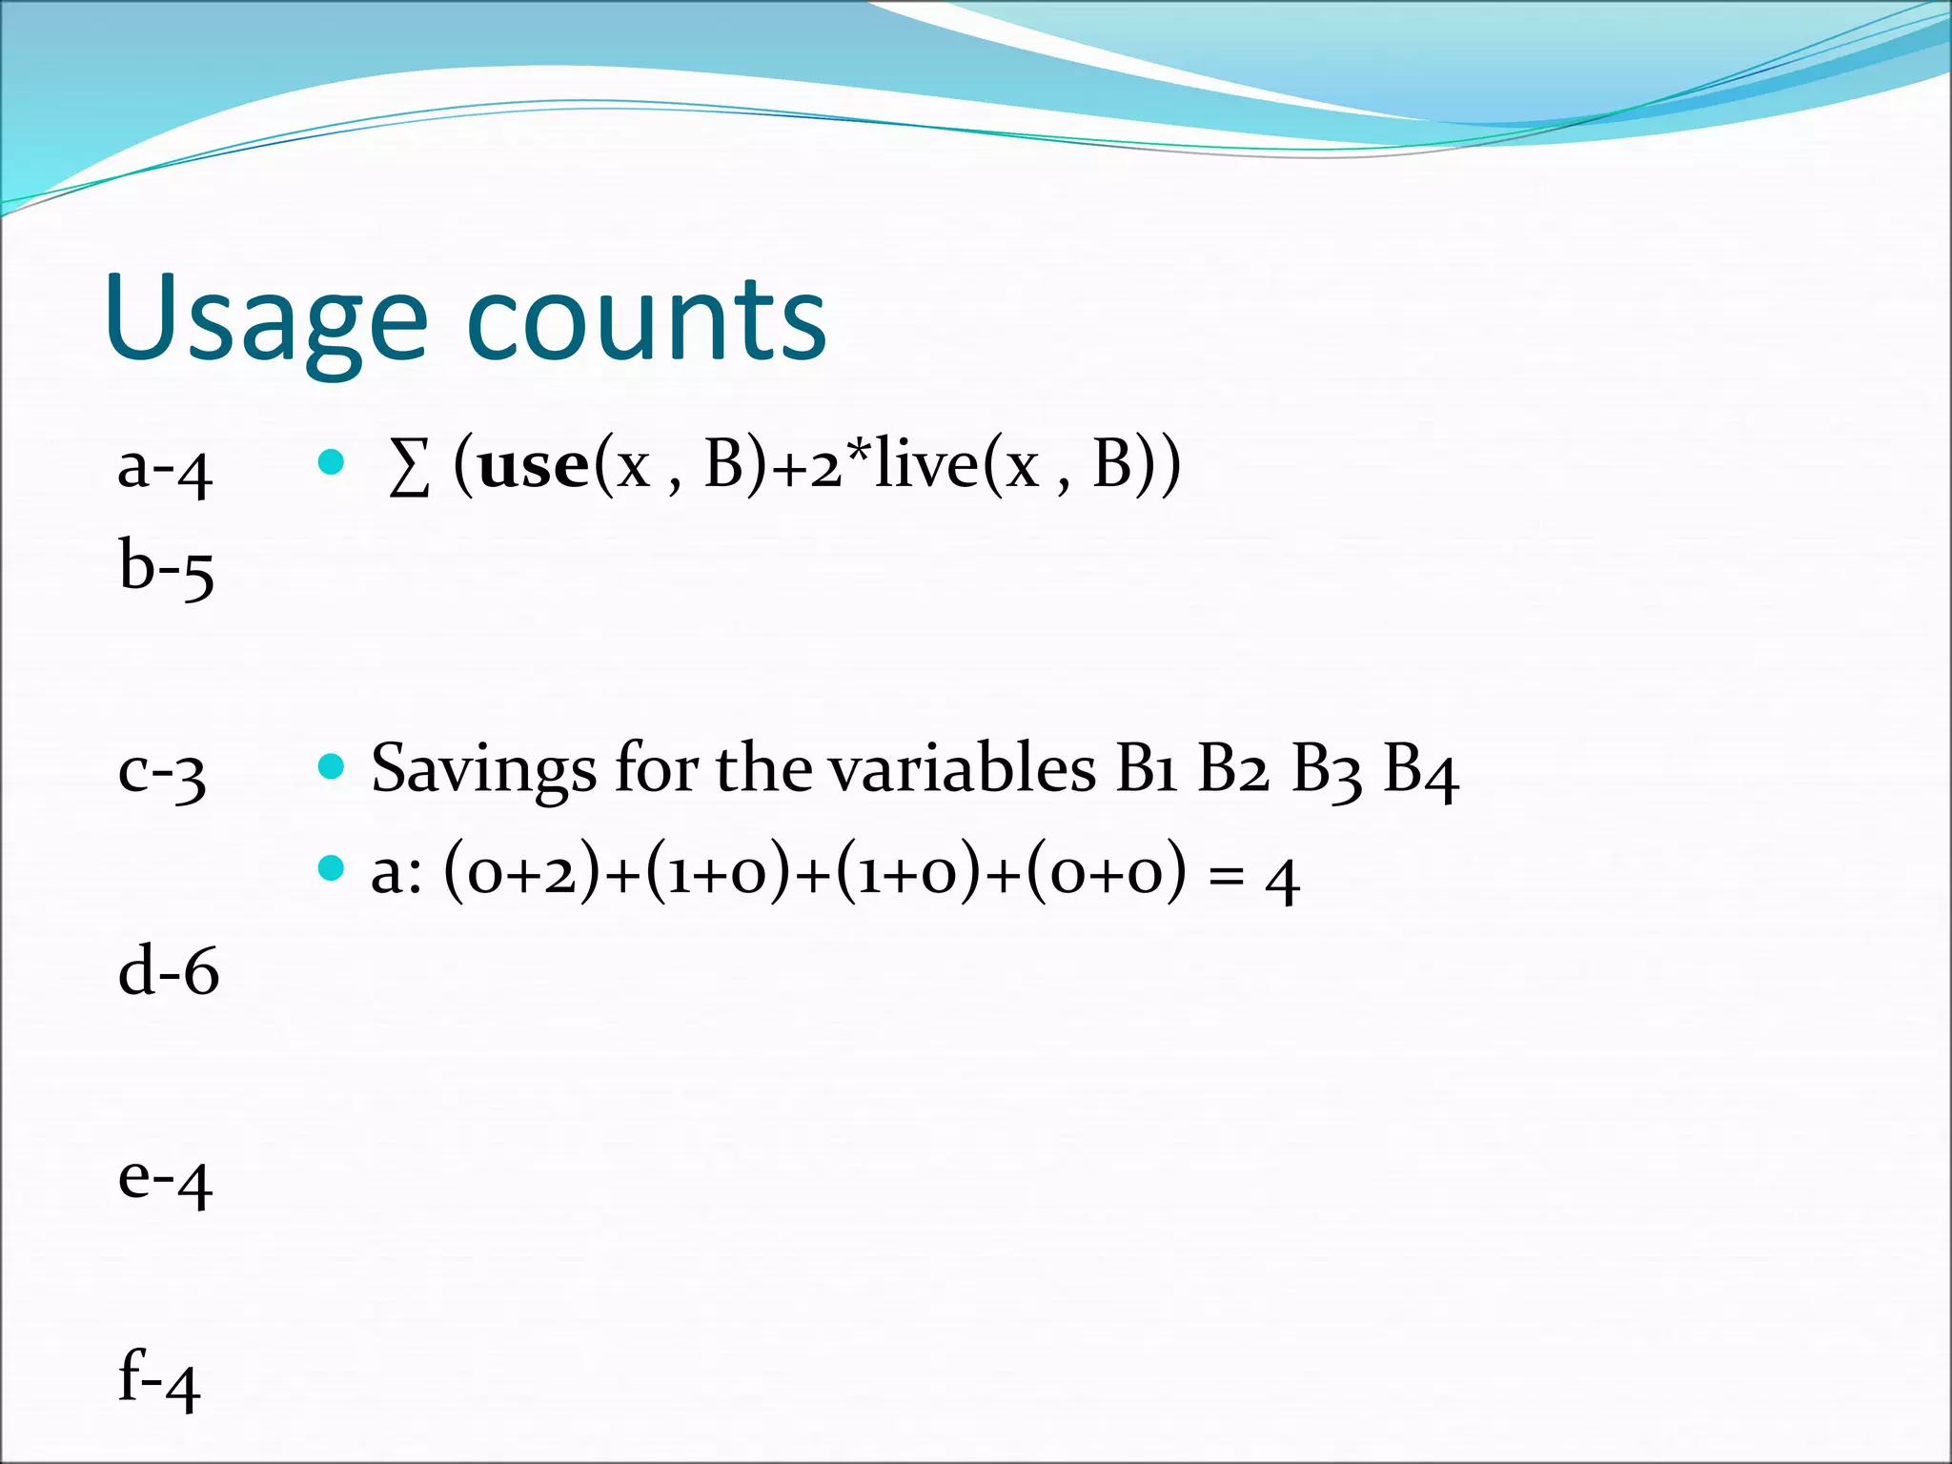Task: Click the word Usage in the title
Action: (x=267, y=319)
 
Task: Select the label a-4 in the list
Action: (x=164, y=470)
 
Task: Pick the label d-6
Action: (x=168, y=971)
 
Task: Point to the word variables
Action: (x=963, y=768)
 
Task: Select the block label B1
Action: (x=1146, y=768)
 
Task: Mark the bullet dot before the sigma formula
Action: (x=331, y=463)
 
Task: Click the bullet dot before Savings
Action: (x=331, y=766)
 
